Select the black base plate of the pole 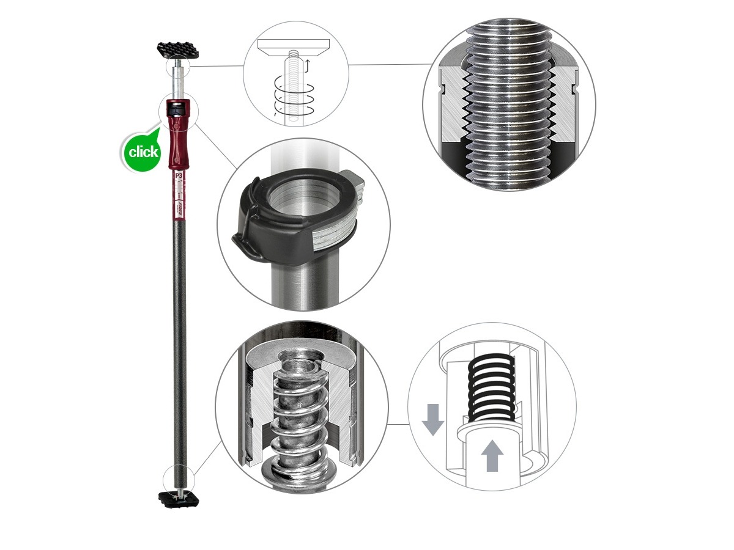tap(179, 499)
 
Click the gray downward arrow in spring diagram tap(432, 418)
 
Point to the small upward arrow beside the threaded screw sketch tap(308, 64)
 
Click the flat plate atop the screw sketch tap(294, 45)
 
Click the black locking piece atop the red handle tap(177, 110)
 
